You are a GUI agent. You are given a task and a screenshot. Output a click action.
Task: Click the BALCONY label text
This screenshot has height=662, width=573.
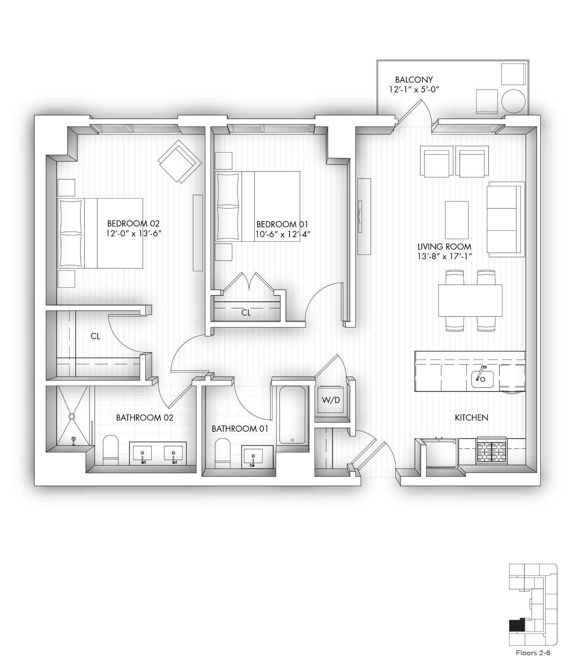(414, 80)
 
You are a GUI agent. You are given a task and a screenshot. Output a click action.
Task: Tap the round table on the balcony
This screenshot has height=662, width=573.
(513, 101)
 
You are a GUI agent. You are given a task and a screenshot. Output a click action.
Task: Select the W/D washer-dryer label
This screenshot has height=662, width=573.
(331, 400)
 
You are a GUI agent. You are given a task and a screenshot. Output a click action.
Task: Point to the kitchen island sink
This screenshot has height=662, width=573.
(483, 379)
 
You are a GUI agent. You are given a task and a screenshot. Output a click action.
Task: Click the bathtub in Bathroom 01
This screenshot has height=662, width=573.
(292, 415)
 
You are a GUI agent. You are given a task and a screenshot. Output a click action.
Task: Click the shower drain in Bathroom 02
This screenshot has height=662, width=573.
(72, 416)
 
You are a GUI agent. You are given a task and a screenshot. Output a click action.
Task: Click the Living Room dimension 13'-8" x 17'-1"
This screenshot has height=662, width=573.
(445, 256)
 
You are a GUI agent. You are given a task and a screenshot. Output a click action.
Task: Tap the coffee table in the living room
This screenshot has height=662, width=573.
(457, 220)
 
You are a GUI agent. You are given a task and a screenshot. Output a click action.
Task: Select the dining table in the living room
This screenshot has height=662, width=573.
(470, 301)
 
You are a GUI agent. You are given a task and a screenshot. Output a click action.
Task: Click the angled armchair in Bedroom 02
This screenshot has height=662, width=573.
(180, 161)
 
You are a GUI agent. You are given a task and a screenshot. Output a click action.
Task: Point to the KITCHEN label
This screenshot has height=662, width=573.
(472, 417)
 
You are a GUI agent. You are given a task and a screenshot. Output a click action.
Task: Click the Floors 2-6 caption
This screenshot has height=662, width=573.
(532, 653)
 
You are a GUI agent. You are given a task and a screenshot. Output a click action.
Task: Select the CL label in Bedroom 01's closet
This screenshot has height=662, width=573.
(246, 313)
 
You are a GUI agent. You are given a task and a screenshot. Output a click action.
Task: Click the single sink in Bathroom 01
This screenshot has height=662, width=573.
(253, 456)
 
